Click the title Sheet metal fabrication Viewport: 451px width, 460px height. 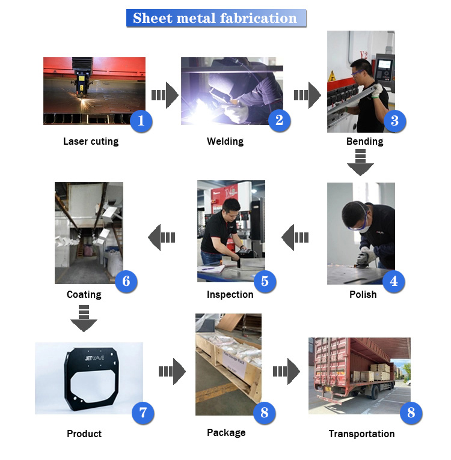click(215, 18)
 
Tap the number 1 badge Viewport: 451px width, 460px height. click(141, 121)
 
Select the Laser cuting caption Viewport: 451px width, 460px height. click(91, 142)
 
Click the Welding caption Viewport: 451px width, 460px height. click(225, 142)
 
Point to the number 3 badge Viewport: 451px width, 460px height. click(394, 121)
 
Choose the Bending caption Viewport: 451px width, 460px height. click(364, 142)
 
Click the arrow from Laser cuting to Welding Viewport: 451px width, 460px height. click(164, 95)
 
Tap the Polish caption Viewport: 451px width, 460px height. click(363, 294)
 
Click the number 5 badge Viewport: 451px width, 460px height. click(265, 280)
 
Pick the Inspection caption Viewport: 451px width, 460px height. click(230, 294)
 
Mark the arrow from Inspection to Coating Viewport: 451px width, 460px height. click(162, 237)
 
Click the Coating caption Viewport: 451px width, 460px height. click(84, 294)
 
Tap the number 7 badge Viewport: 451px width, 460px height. click(143, 413)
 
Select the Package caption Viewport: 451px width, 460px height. click(226, 432)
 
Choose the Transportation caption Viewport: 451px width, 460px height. click(361, 434)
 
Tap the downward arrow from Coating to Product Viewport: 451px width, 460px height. click(84, 318)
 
